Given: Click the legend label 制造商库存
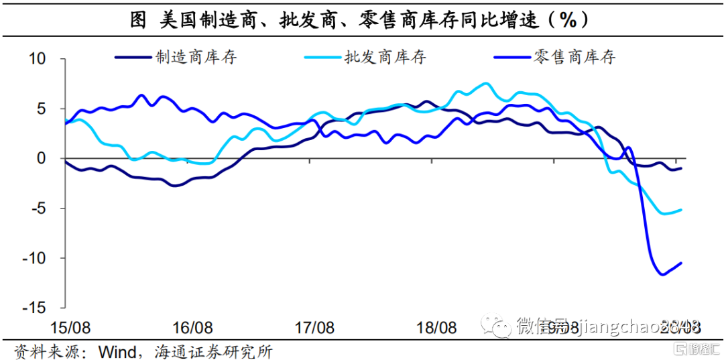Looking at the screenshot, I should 196,57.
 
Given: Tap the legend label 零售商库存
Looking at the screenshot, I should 575,57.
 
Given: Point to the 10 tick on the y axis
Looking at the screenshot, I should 36,59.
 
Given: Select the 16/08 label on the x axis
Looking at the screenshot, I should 193,328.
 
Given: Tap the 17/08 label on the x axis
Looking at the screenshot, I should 314,328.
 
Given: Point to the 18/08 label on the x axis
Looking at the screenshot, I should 436,328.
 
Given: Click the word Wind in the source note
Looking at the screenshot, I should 118,351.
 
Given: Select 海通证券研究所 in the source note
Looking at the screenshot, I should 217,351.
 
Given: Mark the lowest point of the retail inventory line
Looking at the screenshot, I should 662,274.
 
